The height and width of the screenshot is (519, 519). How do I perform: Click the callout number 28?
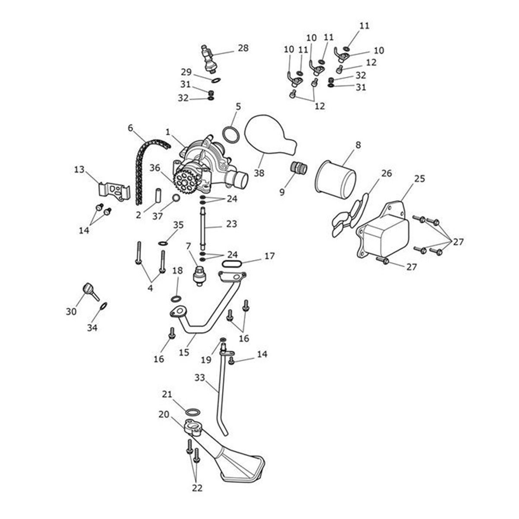243,48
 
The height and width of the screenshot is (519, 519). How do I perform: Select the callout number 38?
259,173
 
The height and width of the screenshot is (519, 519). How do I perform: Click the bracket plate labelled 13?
113,191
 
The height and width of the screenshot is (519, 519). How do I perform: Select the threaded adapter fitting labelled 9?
298,168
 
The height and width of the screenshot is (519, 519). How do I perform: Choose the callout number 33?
199,378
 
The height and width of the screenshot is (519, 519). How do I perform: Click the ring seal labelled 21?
193,411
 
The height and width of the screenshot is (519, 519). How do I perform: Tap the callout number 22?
197,488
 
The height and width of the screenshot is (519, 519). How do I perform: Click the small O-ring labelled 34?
103,306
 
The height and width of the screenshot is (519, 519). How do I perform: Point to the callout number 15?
184,352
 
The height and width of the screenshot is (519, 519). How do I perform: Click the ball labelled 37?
176,199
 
